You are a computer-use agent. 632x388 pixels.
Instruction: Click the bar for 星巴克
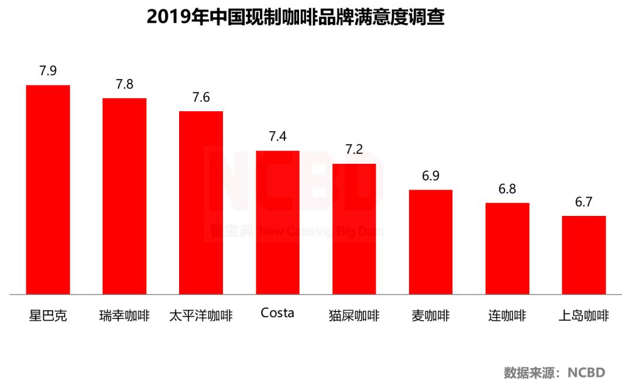click(x=48, y=190)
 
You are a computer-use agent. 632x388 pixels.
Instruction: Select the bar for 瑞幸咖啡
click(x=125, y=196)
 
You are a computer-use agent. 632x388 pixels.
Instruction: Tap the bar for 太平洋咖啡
click(x=201, y=202)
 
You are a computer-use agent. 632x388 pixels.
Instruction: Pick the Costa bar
click(x=277, y=222)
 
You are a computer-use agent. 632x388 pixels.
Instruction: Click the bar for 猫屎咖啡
click(x=354, y=229)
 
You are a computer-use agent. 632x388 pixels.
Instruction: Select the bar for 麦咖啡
click(x=431, y=242)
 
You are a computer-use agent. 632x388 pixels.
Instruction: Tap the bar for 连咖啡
click(x=507, y=248)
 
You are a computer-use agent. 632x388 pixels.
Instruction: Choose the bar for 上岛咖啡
click(x=584, y=255)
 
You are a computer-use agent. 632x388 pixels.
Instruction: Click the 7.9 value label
click(x=48, y=71)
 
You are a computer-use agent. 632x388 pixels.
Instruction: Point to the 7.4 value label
click(x=277, y=137)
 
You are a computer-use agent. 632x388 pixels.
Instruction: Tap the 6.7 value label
click(x=584, y=202)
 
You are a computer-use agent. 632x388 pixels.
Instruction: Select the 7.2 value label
click(x=354, y=150)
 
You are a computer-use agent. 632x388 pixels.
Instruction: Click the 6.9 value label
click(x=431, y=176)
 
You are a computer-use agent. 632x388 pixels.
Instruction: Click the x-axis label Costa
click(x=277, y=313)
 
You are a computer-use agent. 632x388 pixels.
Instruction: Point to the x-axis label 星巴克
click(x=48, y=316)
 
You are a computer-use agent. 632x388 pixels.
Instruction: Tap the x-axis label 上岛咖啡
click(x=584, y=316)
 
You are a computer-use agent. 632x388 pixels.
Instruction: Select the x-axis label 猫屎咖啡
click(x=354, y=316)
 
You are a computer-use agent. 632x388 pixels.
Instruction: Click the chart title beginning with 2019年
click(x=296, y=17)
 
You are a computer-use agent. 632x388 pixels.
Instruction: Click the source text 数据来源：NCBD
click(x=554, y=372)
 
